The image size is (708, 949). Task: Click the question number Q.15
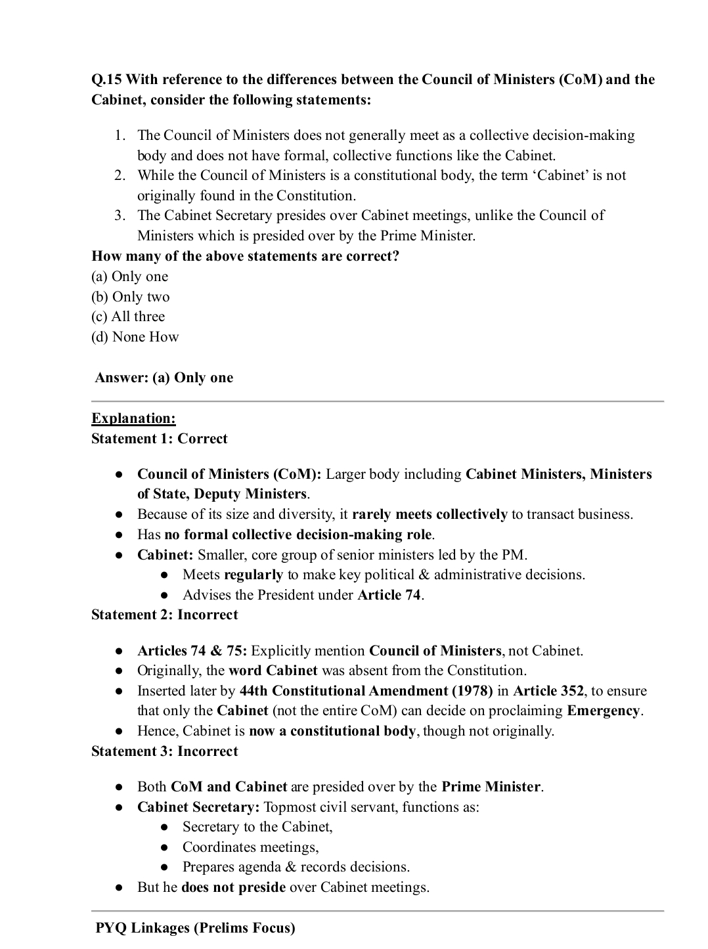point(106,80)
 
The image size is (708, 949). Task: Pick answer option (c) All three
point(128,317)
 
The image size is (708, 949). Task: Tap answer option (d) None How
point(135,337)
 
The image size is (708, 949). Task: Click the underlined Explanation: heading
point(133,418)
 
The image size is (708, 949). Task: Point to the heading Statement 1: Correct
point(159,439)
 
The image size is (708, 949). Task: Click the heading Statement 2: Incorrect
point(164,615)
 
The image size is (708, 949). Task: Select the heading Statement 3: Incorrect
point(164,751)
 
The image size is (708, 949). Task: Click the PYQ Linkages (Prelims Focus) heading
point(195,928)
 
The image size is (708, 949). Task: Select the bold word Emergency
point(603,711)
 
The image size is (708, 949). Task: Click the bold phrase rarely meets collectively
point(430,514)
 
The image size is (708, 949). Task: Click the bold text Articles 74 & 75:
point(192,651)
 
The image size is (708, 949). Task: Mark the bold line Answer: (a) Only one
point(164,378)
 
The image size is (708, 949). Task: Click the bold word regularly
point(253,575)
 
